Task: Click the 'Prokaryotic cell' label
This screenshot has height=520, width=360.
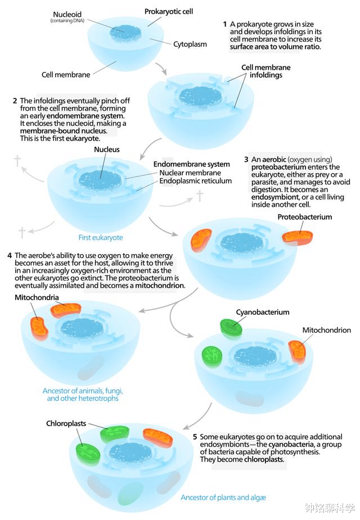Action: click(168, 11)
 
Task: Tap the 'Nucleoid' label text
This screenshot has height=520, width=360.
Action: click(66, 14)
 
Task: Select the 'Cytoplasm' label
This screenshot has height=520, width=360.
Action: click(190, 44)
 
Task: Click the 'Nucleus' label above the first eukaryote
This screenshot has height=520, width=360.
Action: click(107, 150)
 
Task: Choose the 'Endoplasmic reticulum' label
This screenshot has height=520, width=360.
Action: click(195, 181)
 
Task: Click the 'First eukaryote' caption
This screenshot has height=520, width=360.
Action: click(101, 238)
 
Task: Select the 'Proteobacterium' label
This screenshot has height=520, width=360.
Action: click(304, 217)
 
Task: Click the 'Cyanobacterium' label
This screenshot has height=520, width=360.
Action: click(263, 312)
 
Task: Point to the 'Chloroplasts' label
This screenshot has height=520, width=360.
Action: click(66, 423)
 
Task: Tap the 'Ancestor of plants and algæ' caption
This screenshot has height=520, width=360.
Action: click(223, 498)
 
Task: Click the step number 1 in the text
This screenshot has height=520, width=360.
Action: click(225, 24)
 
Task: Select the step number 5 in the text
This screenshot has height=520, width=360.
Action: click(195, 437)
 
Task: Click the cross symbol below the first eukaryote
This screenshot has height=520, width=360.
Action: click(22, 232)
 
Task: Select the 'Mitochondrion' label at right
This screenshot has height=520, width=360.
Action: click(326, 331)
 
